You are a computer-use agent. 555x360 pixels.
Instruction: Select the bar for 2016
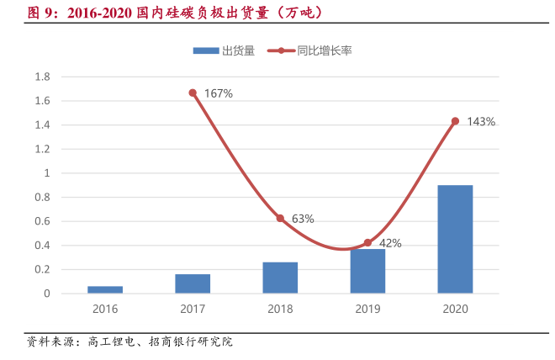(105, 289)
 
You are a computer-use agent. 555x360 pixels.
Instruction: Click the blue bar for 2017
(193, 283)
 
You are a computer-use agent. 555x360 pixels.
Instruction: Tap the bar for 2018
(280, 278)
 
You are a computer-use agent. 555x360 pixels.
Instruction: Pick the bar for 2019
(367, 271)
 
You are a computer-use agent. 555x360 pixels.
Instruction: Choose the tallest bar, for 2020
(455, 239)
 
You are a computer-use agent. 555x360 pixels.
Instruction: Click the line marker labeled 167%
(193, 93)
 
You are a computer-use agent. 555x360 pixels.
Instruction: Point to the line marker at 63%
(280, 218)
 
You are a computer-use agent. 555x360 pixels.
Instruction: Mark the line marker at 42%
(367, 243)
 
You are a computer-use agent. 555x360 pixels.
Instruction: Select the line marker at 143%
(455, 121)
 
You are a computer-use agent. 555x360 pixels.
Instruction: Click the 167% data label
(218, 93)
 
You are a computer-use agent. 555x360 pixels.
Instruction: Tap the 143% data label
(481, 122)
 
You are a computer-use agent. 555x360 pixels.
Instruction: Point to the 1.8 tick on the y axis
(42, 77)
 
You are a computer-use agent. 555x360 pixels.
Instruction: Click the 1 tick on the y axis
(47, 173)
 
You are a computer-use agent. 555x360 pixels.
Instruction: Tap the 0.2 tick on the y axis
(42, 270)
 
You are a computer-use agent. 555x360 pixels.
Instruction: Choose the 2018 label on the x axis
(280, 309)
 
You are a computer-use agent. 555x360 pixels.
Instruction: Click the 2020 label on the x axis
(455, 309)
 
